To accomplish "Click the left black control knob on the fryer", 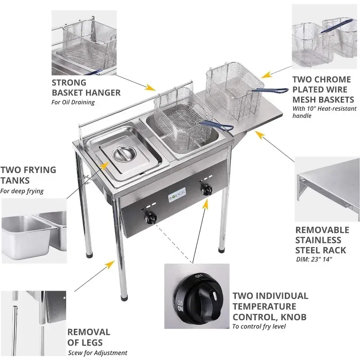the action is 150,218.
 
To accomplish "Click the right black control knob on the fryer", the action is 207,189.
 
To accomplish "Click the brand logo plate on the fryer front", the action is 177,195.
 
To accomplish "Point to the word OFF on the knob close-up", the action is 199,276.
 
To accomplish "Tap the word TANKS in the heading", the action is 15,180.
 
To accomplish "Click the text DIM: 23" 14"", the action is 314,259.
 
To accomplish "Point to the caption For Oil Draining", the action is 73,102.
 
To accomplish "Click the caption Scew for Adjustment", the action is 98,353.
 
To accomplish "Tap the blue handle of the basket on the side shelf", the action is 270,90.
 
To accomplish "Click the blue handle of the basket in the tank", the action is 216,126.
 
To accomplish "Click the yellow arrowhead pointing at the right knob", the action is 206,204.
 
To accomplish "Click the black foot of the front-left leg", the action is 124,298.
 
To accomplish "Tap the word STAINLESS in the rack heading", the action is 318,240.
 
